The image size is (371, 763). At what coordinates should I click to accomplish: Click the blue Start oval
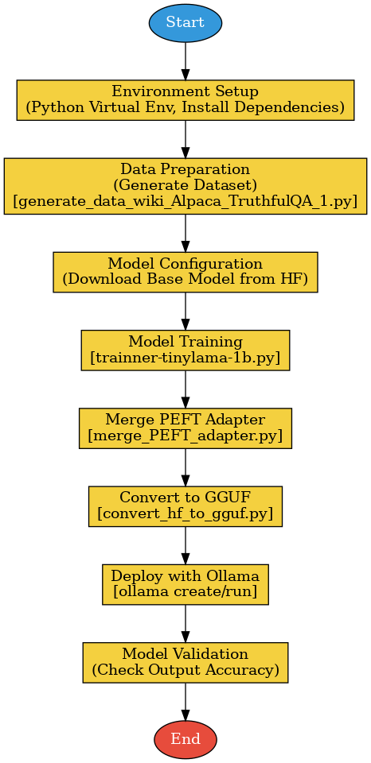(x=185, y=23)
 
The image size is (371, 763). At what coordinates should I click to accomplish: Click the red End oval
(x=185, y=739)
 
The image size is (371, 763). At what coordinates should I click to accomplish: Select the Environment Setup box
(x=185, y=99)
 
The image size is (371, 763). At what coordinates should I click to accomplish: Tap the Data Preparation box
(x=185, y=186)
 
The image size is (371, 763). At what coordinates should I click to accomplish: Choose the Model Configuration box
(x=185, y=272)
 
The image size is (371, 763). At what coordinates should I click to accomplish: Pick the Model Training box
(x=185, y=350)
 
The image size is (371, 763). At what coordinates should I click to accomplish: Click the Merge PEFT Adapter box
(x=185, y=428)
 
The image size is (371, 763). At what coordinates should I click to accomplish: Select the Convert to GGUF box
(x=185, y=505)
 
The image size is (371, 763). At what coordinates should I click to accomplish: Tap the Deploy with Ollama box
(x=185, y=583)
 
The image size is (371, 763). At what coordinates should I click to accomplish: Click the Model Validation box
(x=185, y=661)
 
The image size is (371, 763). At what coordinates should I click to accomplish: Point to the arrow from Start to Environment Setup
(x=185, y=60)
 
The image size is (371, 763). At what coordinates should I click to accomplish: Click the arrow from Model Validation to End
(x=185, y=701)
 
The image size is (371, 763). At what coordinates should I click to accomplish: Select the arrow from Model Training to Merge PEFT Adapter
(x=185, y=389)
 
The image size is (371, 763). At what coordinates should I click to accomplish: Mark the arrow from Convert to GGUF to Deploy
(x=185, y=544)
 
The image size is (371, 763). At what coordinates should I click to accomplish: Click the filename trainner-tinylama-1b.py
(x=185, y=358)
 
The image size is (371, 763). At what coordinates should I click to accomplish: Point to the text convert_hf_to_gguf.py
(x=185, y=514)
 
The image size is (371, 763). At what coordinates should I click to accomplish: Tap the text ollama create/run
(x=185, y=592)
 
